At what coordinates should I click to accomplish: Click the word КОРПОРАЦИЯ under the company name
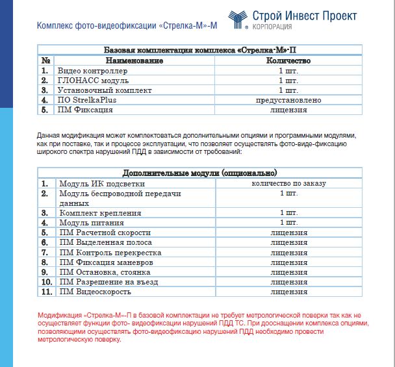point(271,27)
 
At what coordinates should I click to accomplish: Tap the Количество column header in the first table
point(288,60)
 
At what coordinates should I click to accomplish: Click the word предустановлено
point(288,100)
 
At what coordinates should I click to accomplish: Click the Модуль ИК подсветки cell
point(98,184)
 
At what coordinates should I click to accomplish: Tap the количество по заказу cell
point(288,184)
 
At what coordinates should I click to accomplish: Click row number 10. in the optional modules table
point(46,282)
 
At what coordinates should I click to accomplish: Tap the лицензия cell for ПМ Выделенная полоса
point(288,242)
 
